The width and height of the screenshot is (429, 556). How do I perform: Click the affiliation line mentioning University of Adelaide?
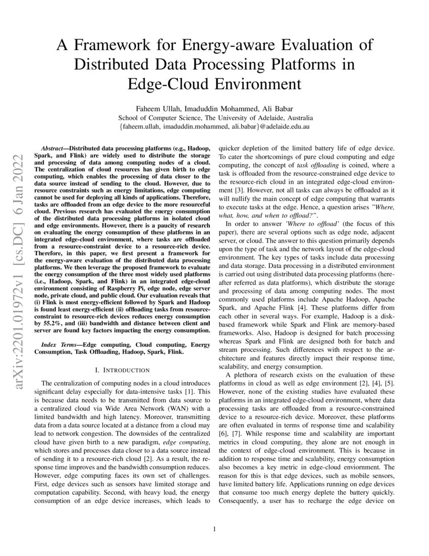click(x=215, y=117)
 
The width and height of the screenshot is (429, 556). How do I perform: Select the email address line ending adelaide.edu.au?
click(x=215, y=126)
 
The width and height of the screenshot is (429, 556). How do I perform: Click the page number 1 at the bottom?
click(x=215, y=530)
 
